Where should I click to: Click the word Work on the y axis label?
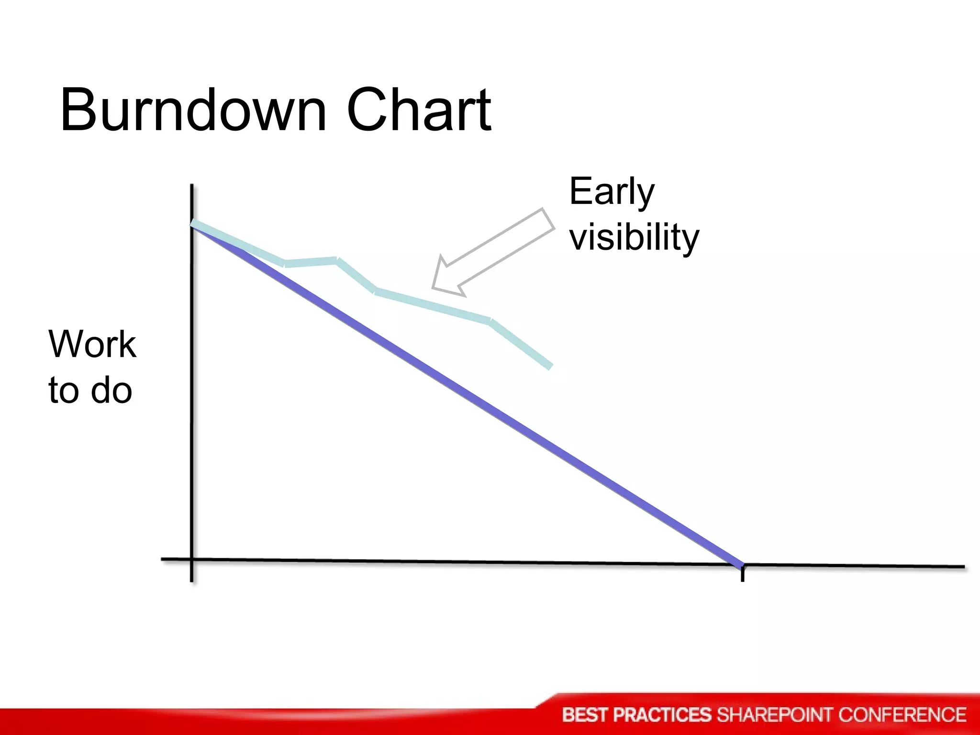(x=92, y=344)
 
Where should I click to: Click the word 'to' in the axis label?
(x=62, y=390)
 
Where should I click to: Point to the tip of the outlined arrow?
(x=433, y=288)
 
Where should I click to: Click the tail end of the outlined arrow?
(x=548, y=221)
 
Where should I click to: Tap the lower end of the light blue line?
(x=550, y=367)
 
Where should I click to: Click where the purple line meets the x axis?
(x=741, y=565)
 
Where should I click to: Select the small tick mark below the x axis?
(x=742, y=574)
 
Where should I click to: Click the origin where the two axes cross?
(x=192, y=559)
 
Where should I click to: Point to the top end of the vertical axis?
(x=192, y=186)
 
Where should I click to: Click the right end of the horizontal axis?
(x=963, y=567)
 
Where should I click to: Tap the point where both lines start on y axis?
(x=192, y=224)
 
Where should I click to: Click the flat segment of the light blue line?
(x=311, y=262)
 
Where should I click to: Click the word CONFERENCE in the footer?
(x=902, y=715)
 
